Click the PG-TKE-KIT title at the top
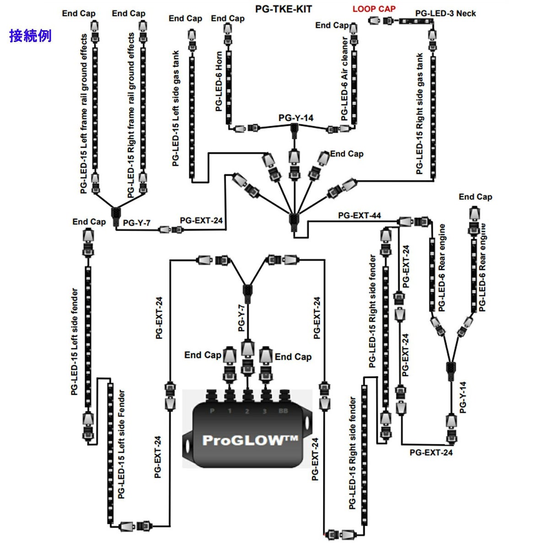tap(284, 9)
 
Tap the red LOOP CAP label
tap(374, 9)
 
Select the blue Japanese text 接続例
tap(30, 36)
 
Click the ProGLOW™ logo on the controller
tap(250, 440)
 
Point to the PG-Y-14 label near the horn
tap(296, 118)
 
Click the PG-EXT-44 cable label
tap(359, 215)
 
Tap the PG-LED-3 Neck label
tap(445, 13)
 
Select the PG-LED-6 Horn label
tap(219, 81)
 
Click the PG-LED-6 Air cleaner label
tap(345, 79)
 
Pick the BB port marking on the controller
tap(283, 411)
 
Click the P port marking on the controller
tap(212, 411)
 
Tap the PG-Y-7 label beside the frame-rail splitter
tap(137, 223)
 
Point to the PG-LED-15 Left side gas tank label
tap(176, 108)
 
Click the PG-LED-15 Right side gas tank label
tap(420, 113)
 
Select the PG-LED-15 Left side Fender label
tap(121, 444)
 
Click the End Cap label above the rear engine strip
tap(475, 197)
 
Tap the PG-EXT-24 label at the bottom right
tap(431, 452)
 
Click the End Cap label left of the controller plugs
tap(203, 355)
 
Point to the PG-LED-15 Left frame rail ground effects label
tap(84, 113)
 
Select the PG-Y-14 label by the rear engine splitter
tap(463, 397)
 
